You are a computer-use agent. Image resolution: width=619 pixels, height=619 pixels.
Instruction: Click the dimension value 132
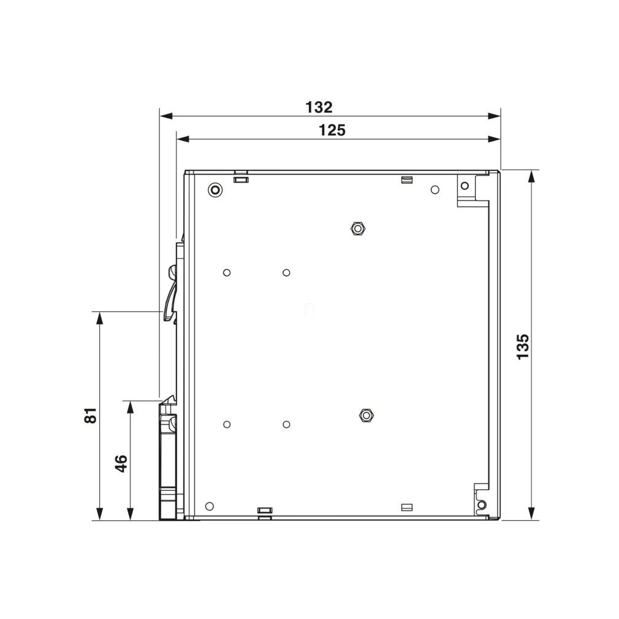tap(319, 107)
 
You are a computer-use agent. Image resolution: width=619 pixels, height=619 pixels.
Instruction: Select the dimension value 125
tap(332, 131)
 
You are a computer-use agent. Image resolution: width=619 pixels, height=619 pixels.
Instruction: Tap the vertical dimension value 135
tap(523, 347)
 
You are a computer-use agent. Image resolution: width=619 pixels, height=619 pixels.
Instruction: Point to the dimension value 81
tap(91, 416)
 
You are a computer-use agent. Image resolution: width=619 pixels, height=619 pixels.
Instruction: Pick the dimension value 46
tap(121, 463)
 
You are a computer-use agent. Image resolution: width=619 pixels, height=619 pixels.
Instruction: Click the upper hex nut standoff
tap(358, 228)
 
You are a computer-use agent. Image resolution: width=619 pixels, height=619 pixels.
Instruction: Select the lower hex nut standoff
tap(366, 415)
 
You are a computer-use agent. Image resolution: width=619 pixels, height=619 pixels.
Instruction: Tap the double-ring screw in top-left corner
tap(215, 190)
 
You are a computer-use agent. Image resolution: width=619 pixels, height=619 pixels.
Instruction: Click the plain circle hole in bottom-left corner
tap(210, 506)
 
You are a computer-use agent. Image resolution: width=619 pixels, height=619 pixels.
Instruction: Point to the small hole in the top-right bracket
tap(465, 186)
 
